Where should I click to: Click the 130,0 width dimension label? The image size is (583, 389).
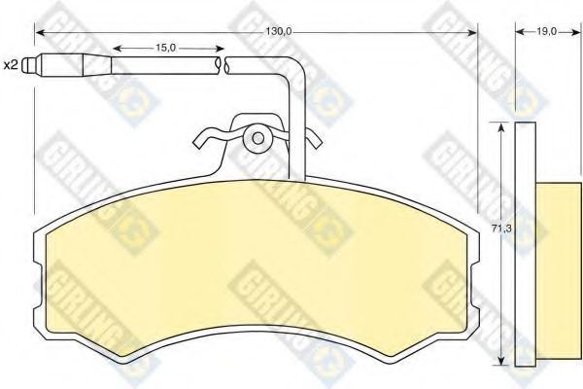coord(279,32)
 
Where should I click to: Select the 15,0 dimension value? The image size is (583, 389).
coord(165,48)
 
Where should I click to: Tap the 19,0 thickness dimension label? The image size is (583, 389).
coord(546,32)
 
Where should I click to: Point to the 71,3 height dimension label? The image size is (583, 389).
coord(501,229)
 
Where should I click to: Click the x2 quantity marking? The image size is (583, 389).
coord(11,65)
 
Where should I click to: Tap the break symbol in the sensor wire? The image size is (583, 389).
coord(222,65)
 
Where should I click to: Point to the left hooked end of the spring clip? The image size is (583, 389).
coord(199,140)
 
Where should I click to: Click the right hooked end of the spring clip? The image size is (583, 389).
coord(314,139)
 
